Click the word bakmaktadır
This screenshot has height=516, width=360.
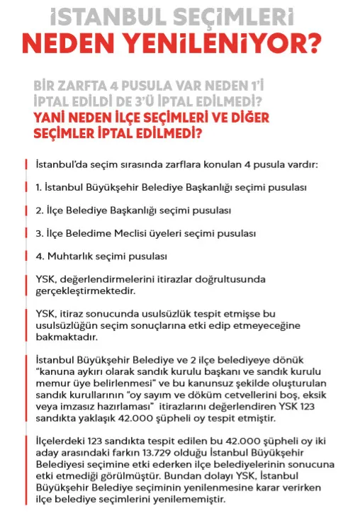[x=63, y=337]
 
